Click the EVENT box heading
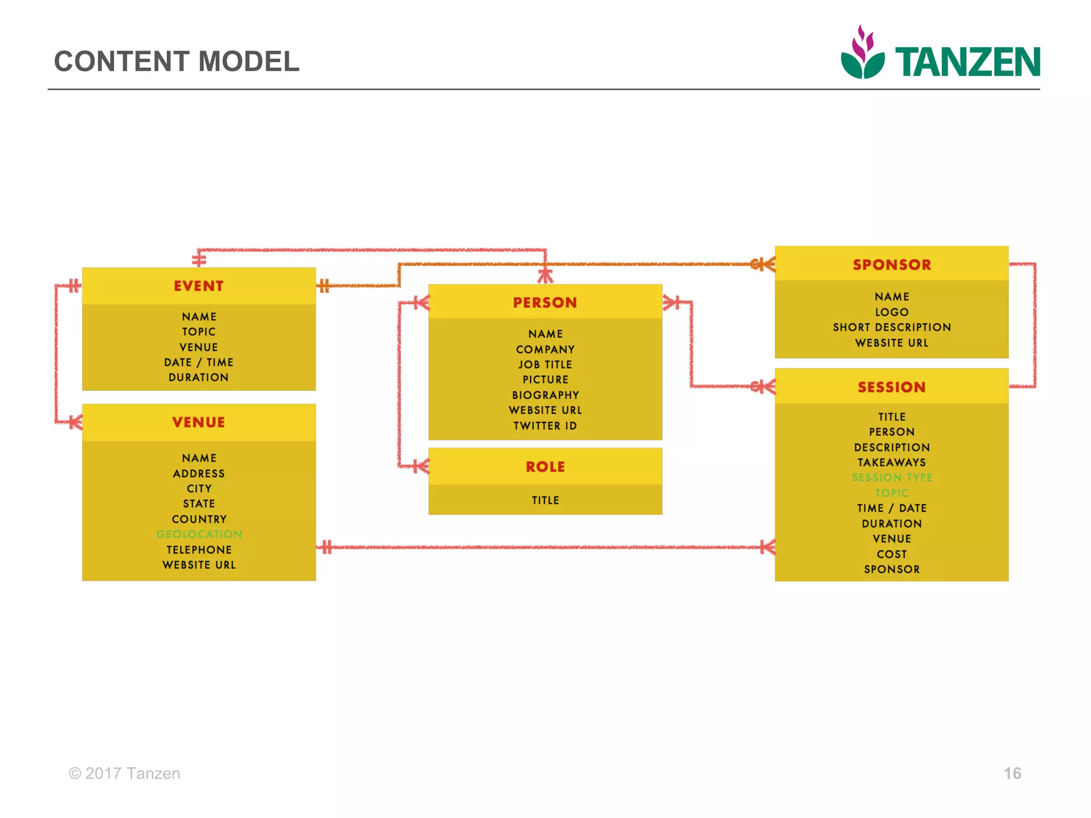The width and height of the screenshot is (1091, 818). [199, 286]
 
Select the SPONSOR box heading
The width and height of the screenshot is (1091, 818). [892, 265]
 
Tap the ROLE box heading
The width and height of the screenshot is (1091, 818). [545, 467]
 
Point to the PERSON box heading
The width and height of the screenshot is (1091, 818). [545, 302]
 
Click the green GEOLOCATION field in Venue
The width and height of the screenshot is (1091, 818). [199, 534]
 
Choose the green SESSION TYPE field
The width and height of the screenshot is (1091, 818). [892, 478]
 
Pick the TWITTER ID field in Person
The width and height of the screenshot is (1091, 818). [545, 426]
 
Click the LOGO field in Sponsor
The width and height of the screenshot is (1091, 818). [892, 312]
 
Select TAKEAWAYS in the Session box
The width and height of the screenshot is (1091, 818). [892, 462]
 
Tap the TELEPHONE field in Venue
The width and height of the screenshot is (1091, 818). [199, 550]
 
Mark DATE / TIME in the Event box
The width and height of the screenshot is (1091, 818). [199, 362]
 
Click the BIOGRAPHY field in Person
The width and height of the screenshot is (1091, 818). [545, 395]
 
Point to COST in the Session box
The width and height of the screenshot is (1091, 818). [892, 554]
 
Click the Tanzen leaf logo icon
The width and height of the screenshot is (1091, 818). [862, 53]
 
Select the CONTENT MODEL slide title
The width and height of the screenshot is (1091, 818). [177, 61]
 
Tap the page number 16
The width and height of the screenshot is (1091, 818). [1012, 773]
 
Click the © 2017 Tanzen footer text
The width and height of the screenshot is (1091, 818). [125, 773]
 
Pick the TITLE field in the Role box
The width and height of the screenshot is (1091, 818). [545, 500]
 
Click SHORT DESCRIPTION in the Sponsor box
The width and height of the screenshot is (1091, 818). [892, 328]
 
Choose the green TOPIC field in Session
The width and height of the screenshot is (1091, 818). [892, 493]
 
